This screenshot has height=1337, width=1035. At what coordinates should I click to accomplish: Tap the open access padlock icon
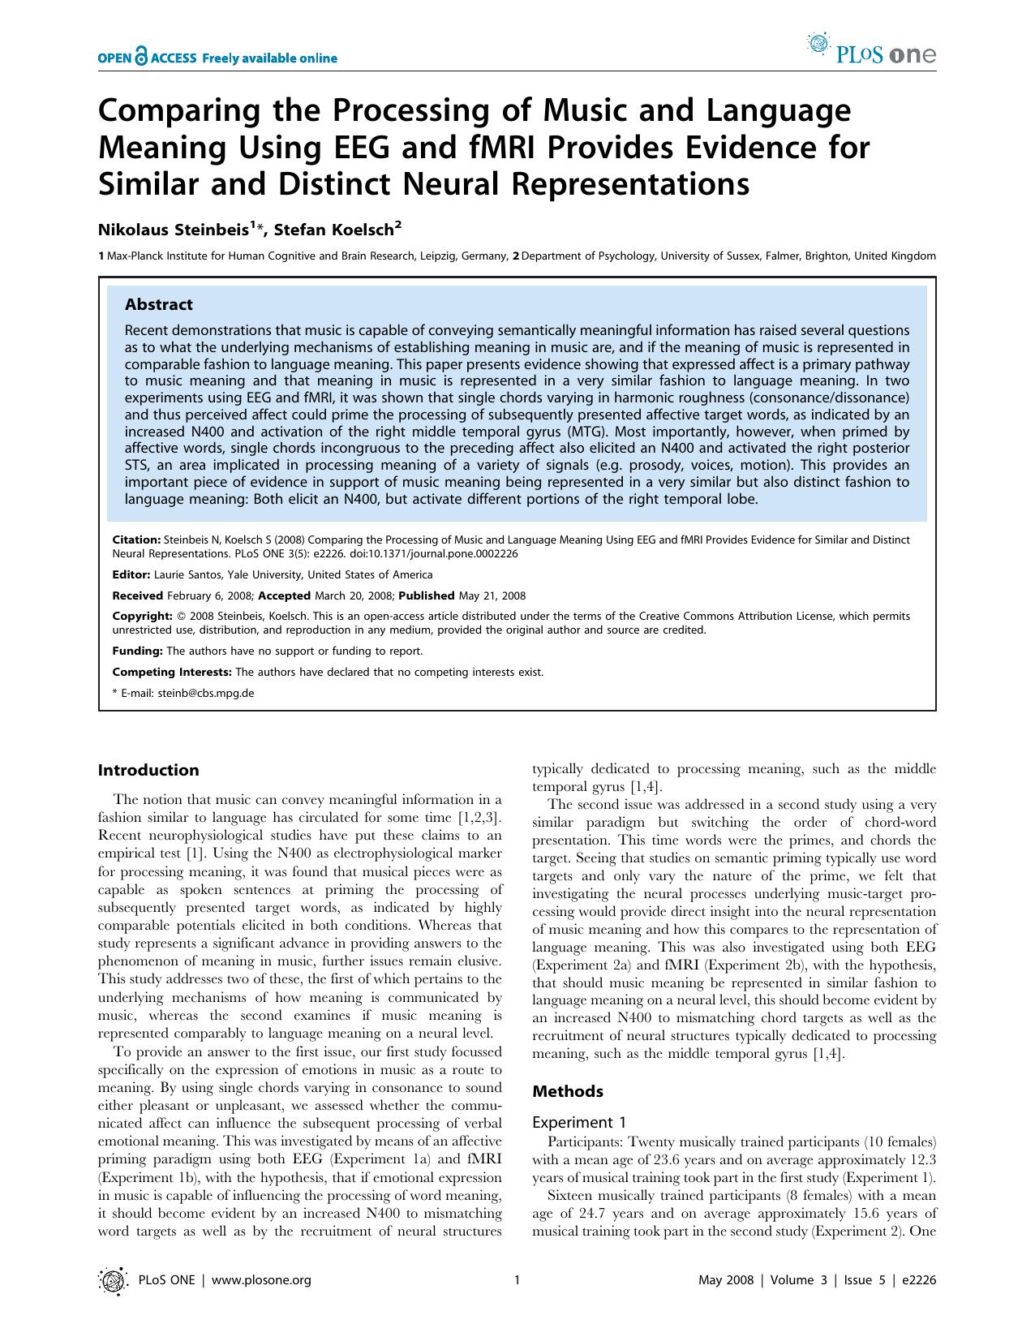coord(143,57)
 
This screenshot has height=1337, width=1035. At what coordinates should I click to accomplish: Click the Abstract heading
coord(158,305)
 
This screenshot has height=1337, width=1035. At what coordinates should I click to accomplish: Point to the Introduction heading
coord(148,771)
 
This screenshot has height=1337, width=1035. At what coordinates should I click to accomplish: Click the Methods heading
coord(567,1092)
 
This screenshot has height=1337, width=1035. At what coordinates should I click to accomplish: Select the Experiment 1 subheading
coord(578,1123)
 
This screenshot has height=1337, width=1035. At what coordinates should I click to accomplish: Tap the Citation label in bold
coord(135,540)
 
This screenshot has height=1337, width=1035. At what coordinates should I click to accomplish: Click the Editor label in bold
coord(130,574)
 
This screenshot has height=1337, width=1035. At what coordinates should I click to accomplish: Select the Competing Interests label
coord(171,672)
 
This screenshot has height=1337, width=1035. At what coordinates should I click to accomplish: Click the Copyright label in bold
coord(141,617)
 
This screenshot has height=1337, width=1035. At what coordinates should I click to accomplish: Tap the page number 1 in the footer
coord(517,1280)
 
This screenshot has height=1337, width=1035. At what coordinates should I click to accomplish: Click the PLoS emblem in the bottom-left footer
coord(112,1280)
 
